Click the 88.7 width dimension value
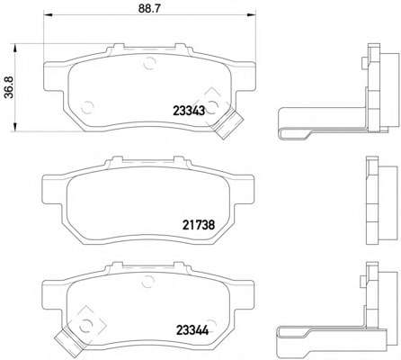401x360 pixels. [x=149, y=8]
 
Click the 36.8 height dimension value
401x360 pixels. [x=9, y=87]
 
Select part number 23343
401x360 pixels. [x=189, y=111]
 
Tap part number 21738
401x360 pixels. [x=199, y=224]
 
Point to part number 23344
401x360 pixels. [x=192, y=331]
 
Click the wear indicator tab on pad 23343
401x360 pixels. [x=227, y=124]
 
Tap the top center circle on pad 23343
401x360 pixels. [x=149, y=63]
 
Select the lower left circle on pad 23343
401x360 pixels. [x=87, y=107]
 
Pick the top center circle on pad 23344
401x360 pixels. [x=147, y=282]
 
